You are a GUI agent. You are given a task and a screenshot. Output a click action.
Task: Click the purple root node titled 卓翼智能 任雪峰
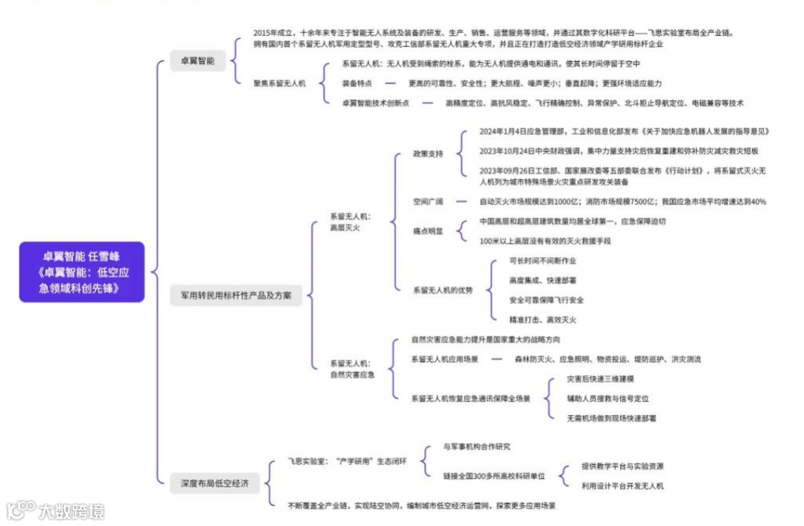pyautogui.click(x=82, y=271)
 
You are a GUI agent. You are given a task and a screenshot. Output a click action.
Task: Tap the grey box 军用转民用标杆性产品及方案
pyautogui.click(x=231, y=296)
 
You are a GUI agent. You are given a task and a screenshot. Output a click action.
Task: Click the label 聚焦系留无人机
pyautogui.click(x=279, y=83)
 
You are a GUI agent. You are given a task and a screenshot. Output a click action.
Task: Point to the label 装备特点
pyautogui.click(x=357, y=83)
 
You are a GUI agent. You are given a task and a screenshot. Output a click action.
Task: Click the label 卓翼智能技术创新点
pyautogui.click(x=375, y=103)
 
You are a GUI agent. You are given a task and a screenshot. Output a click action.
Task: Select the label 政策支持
pyautogui.click(x=428, y=153)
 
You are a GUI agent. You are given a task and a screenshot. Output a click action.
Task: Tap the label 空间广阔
pyautogui.click(x=428, y=202)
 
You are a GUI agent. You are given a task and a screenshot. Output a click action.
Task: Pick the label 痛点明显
pyautogui.click(x=428, y=231)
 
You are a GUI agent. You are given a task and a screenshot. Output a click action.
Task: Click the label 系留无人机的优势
pyautogui.click(x=442, y=290)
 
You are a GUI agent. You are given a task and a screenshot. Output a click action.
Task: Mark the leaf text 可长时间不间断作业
pyautogui.click(x=543, y=261)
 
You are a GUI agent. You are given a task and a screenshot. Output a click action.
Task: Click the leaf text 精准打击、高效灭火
pyautogui.click(x=543, y=320)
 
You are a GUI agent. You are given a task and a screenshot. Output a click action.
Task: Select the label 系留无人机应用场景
pyautogui.click(x=444, y=359)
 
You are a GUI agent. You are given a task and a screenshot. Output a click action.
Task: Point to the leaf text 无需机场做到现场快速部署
pyautogui.click(x=611, y=418)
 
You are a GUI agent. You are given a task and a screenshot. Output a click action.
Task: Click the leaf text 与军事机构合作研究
pyautogui.click(x=476, y=446)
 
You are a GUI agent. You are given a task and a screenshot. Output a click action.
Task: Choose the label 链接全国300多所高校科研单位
pyautogui.click(x=494, y=475)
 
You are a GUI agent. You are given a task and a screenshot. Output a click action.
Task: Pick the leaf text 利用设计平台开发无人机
pyautogui.click(x=622, y=486)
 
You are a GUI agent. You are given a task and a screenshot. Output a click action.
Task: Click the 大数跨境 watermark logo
pyautogui.click(x=55, y=510)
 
